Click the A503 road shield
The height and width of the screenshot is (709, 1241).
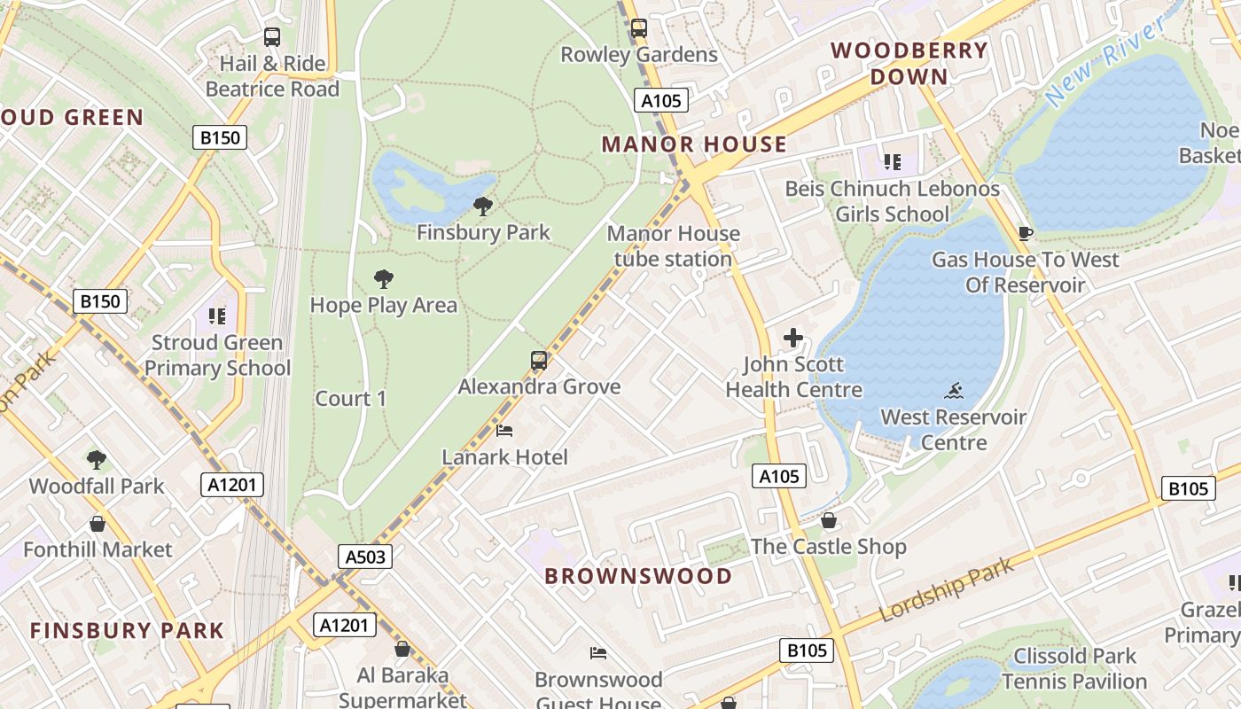pyautogui.click(x=364, y=557)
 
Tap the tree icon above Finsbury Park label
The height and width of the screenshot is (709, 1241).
pyautogui.click(x=483, y=206)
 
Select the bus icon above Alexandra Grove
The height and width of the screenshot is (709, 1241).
pyautogui.click(x=539, y=361)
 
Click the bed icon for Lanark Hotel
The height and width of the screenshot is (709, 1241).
pyautogui.click(x=504, y=432)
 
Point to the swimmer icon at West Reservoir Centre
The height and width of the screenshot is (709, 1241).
pyautogui.click(x=954, y=391)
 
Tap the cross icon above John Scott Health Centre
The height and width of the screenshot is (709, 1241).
pyautogui.click(x=793, y=338)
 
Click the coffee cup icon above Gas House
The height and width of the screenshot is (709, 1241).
pyautogui.click(x=1026, y=234)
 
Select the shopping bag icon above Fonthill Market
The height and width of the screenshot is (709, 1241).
pyautogui.click(x=98, y=524)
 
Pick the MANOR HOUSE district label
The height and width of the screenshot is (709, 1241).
pyautogui.click(x=694, y=144)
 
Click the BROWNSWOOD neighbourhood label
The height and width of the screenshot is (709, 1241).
pyautogui.click(x=638, y=576)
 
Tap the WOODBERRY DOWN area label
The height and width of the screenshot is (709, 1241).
pyautogui.click(x=909, y=63)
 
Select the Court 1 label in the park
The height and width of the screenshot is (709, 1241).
pyautogui.click(x=351, y=399)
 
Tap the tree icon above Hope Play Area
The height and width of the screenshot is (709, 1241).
pyautogui.click(x=384, y=279)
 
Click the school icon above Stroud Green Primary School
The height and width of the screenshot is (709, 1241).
pyautogui.click(x=217, y=316)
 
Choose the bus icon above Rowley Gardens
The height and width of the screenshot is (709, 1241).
pyautogui.click(x=639, y=28)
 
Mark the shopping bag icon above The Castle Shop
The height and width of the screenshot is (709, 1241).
pyautogui.click(x=829, y=520)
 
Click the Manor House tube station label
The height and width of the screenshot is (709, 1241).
pyautogui.click(x=673, y=246)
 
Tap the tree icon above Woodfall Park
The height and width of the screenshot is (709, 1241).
pyautogui.click(x=97, y=460)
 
